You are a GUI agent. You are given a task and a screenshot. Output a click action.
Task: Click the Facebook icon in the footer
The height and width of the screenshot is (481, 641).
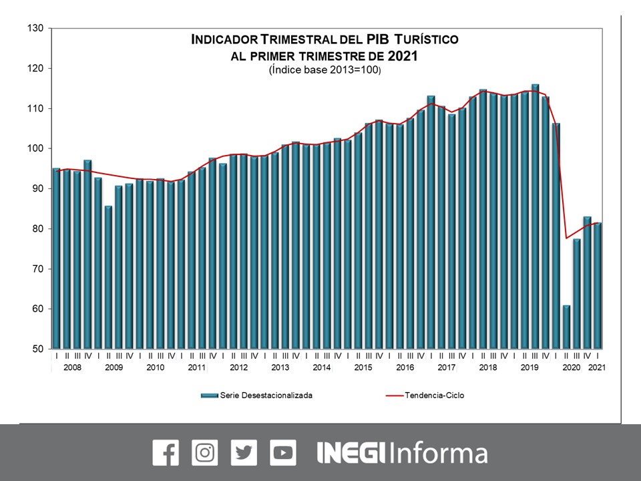pyautogui.click(x=166, y=452)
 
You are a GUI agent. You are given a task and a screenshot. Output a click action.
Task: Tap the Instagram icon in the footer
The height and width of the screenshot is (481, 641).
pyautogui.click(x=204, y=452)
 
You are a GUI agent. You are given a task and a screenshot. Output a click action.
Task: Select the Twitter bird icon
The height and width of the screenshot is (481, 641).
pyautogui.click(x=244, y=452)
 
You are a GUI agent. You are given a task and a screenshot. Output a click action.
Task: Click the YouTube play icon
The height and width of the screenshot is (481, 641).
pyautogui.click(x=283, y=452)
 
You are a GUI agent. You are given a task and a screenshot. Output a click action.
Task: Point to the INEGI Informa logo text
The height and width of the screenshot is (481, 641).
pyautogui.click(x=401, y=453)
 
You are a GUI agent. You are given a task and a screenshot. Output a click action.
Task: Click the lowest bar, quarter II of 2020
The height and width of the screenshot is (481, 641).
pyautogui.click(x=566, y=327)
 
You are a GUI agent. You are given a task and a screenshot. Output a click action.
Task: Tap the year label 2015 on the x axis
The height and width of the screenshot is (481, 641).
pyautogui.click(x=363, y=367)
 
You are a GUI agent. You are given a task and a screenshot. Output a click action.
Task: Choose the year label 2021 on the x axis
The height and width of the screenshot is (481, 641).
pyautogui.click(x=597, y=367)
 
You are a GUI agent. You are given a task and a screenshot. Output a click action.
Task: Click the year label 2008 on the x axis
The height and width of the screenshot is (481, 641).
pyautogui.click(x=72, y=367)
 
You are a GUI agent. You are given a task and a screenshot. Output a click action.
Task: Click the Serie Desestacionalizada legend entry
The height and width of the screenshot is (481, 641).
pyautogui.click(x=257, y=395)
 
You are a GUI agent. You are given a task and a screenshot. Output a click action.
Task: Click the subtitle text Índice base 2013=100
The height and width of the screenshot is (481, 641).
pyautogui.click(x=325, y=70)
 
